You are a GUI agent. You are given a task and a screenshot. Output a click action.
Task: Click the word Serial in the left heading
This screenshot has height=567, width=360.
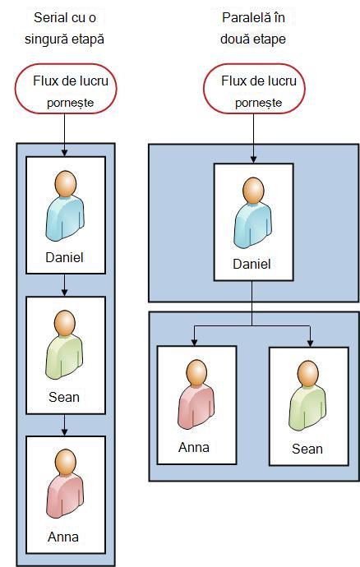click(48, 18)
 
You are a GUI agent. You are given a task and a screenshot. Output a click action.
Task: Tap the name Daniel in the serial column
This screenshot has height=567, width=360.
click(64, 257)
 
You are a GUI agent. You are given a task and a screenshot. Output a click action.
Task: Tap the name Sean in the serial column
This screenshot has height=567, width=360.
click(64, 397)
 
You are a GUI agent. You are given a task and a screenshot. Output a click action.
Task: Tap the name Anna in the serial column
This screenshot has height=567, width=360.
click(63, 537)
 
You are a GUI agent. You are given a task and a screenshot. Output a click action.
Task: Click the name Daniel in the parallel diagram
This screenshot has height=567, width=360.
click(252, 264)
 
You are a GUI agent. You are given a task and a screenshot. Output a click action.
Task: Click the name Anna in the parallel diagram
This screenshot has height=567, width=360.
click(194, 447)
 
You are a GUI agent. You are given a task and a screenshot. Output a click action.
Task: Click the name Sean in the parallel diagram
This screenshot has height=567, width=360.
click(307, 449)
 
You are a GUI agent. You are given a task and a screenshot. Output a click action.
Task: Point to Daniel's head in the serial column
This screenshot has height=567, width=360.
click(66, 184)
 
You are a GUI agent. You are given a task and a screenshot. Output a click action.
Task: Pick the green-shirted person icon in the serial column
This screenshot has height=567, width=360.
click(64, 344)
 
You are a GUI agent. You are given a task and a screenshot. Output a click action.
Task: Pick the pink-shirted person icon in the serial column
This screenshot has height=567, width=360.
click(65, 484)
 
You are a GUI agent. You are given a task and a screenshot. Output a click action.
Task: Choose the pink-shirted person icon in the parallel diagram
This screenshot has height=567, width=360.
click(196, 394)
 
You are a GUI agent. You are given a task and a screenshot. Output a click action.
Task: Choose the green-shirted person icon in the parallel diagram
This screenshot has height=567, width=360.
click(307, 396)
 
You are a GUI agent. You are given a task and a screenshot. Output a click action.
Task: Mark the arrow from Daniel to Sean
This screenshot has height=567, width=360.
click(64, 285)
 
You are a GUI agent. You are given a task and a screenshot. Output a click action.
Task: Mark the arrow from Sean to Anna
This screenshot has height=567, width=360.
click(64, 425)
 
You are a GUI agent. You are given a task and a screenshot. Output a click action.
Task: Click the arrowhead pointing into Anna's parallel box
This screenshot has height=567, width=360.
click(194, 342)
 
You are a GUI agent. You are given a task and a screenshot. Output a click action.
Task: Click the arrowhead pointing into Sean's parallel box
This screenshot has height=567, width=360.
click(310, 343)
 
